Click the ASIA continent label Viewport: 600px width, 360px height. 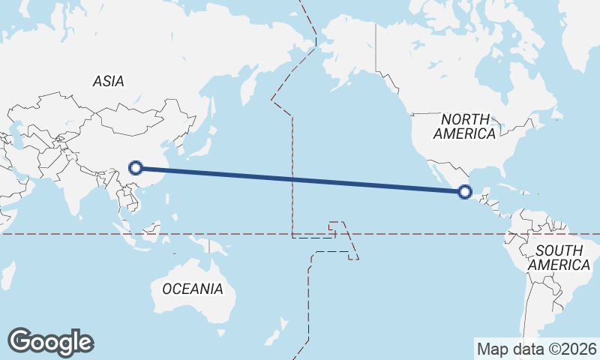point(109,82)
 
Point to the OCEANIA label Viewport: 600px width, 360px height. point(193,288)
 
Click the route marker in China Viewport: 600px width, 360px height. point(136,167)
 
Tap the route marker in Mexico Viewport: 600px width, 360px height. point(465,192)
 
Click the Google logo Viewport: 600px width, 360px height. point(50,342)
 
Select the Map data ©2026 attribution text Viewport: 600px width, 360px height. point(536,349)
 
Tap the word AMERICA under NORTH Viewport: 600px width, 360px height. point(465,134)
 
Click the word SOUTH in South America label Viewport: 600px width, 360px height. point(558,250)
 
